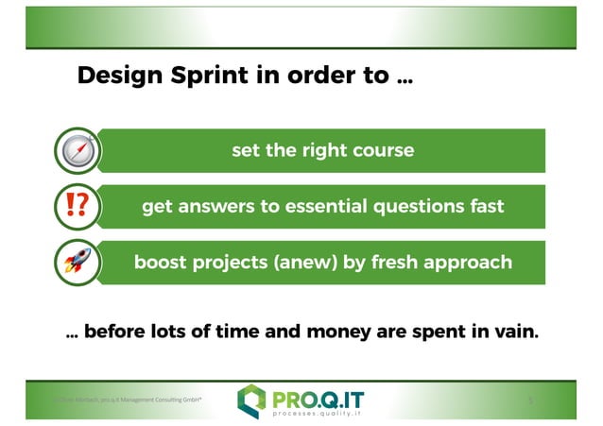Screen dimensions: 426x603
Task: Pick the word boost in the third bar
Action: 161,262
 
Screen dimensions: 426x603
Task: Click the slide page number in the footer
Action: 531,400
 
